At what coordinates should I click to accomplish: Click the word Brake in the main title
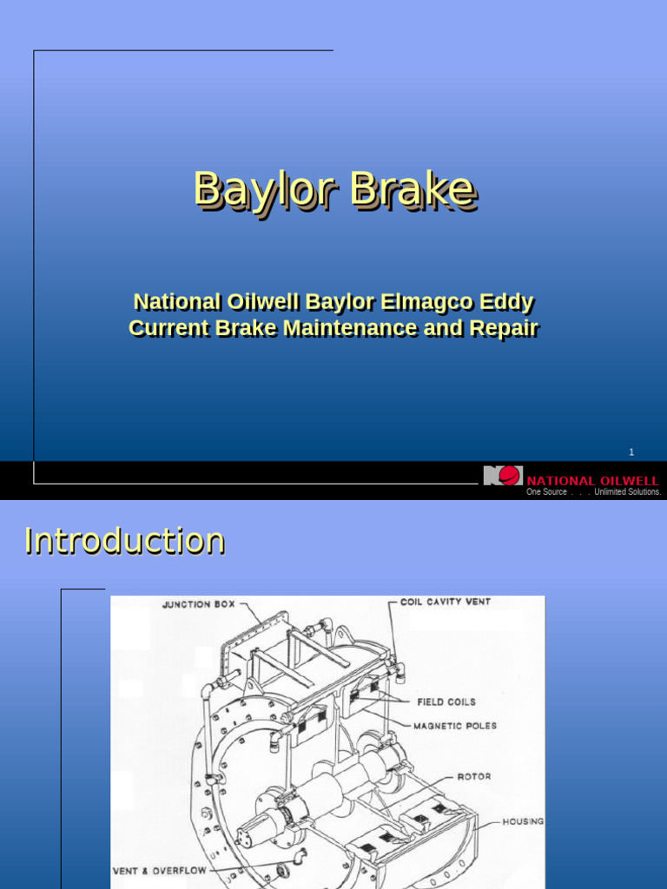tap(413, 189)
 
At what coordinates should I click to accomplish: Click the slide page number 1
tap(631, 452)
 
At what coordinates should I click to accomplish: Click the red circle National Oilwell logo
tap(510, 476)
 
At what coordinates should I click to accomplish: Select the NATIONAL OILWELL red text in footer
tap(592, 480)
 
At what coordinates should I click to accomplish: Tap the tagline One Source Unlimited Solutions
tap(593, 492)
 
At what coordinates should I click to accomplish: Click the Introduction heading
tap(125, 540)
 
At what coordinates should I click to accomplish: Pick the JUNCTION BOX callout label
tap(198, 604)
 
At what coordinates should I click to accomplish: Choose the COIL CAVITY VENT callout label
tap(445, 601)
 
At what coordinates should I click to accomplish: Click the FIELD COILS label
tap(446, 701)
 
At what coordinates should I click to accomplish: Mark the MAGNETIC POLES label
tap(454, 726)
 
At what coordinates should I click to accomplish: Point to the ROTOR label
tap(474, 776)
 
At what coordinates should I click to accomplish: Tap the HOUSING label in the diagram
tap(524, 821)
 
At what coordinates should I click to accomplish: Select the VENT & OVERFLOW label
tap(158, 870)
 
